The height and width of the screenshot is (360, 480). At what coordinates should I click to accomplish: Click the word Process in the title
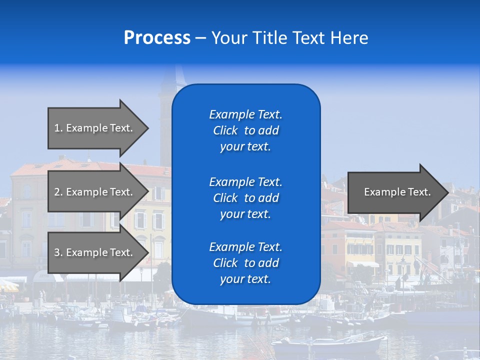click(x=157, y=38)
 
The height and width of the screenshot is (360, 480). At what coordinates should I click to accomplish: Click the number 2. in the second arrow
click(x=58, y=192)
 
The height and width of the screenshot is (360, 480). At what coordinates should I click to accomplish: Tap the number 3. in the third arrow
click(x=58, y=252)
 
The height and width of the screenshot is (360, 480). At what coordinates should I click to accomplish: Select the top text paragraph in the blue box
click(x=245, y=130)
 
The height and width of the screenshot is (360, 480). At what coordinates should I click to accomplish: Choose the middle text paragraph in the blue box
click(x=245, y=198)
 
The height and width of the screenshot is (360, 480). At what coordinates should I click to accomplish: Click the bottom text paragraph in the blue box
click(x=245, y=263)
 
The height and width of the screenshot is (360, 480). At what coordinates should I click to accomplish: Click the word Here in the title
click(x=349, y=38)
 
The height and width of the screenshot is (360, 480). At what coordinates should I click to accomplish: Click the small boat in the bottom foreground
click(x=330, y=344)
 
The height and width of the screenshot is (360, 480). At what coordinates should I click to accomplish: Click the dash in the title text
click(x=200, y=38)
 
